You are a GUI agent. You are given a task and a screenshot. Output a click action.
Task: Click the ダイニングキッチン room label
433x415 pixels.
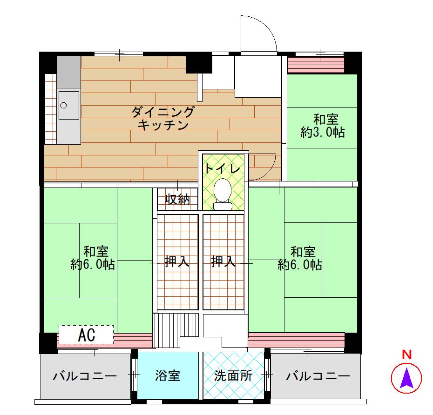coord(163,118)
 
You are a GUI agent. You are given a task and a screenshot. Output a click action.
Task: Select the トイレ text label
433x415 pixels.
coord(223,168)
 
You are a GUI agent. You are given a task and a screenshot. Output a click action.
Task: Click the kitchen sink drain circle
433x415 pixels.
coord(63,105)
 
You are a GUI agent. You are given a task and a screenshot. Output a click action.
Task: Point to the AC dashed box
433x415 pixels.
coord(86,335)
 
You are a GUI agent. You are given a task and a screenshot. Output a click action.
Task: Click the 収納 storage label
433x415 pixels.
coord(177,199)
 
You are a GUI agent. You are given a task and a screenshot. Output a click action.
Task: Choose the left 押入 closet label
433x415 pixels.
coord(177,261)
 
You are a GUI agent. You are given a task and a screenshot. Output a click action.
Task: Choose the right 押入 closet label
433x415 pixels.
coord(223,261)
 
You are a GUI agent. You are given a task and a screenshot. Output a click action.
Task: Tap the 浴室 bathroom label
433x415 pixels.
coord(168,376)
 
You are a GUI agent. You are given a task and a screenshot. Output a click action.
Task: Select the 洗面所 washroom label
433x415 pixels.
coord(233,376)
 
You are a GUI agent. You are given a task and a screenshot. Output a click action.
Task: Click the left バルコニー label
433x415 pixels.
coord(85,376)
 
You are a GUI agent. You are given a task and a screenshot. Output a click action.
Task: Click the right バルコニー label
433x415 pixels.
coord(318,376)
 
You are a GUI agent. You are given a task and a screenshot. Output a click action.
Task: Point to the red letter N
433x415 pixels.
coord(406,355)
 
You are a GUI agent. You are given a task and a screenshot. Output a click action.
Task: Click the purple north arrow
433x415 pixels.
coord(406,378)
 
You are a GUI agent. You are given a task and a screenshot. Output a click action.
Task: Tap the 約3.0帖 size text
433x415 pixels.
coord(323,133)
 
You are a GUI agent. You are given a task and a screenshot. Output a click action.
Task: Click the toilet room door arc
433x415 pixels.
coord(269,171)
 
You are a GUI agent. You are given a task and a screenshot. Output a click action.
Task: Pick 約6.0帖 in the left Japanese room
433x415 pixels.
coord(93,264)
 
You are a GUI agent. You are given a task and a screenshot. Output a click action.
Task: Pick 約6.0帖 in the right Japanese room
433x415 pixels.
coord(300,264)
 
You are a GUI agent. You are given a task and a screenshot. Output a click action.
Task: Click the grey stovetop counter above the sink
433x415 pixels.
coord(69,72)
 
